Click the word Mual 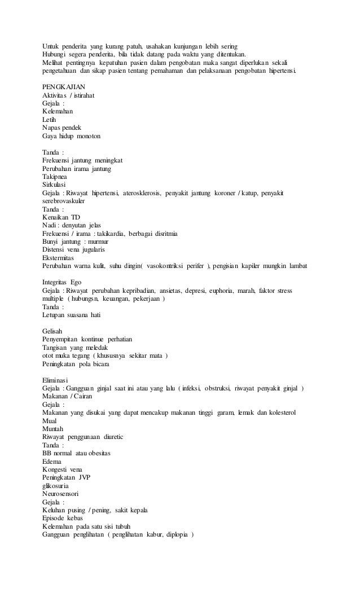[x=50, y=421]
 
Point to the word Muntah [x=54, y=429]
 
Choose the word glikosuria [x=59, y=486]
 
